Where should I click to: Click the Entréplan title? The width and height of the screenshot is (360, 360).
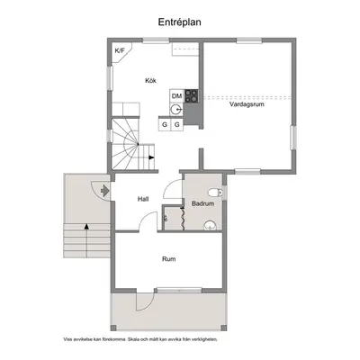[180, 22]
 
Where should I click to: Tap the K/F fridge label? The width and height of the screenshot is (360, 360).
[120, 50]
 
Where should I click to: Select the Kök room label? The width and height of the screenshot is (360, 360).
[150, 80]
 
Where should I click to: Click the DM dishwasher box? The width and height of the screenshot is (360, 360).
[177, 96]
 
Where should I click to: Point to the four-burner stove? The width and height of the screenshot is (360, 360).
[192, 96]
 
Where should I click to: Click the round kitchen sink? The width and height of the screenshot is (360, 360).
[175, 110]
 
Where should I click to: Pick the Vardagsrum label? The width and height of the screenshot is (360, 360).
[247, 104]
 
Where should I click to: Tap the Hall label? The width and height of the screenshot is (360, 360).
[143, 199]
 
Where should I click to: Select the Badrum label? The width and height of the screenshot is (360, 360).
[203, 203]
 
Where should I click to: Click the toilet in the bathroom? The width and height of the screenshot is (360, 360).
[216, 193]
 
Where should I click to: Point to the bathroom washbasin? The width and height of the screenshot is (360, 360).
[210, 226]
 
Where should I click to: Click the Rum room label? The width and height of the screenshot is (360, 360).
[169, 259]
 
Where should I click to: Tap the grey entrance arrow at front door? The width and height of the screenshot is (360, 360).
[104, 191]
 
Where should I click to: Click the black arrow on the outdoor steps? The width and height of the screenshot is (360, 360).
[86, 240]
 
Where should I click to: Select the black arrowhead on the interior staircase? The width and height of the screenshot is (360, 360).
[151, 157]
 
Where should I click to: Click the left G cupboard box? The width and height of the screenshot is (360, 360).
[165, 124]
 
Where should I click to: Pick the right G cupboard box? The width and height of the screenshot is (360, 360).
[177, 124]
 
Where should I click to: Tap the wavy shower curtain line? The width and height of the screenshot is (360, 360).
[182, 219]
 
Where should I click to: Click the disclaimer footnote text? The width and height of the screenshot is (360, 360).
[140, 339]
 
